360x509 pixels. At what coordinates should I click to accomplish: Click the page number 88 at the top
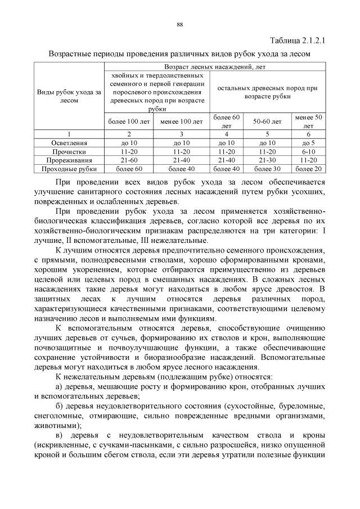coord(180,25)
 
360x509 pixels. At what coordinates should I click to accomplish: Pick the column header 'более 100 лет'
coord(129,121)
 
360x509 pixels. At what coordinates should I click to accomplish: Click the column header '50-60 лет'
coord(267,121)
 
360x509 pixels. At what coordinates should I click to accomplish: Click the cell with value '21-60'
coord(129,160)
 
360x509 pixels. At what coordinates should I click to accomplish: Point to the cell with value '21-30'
coord(267,160)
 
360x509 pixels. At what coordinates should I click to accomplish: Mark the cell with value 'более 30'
coord(267,169)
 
